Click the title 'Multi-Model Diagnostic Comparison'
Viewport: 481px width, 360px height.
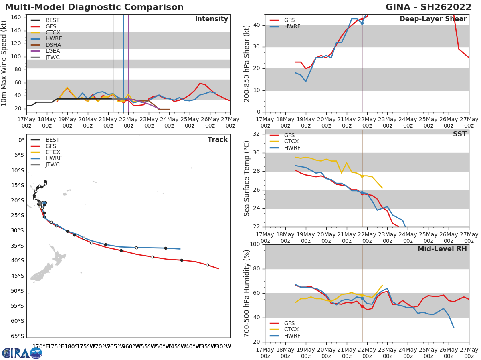pos(94,7)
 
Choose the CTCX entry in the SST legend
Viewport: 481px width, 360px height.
pos(291,142)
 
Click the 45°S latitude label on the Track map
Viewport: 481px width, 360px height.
pos(18,276)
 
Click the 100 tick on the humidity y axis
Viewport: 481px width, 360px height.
pos(255,244)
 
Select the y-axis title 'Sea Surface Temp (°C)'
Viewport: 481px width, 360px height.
pos(247,178)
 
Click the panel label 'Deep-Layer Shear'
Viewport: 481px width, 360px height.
pos(433,19)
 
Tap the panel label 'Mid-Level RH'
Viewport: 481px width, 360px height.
pos(442,249)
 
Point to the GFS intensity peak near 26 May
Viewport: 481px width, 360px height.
pos(200,83)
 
